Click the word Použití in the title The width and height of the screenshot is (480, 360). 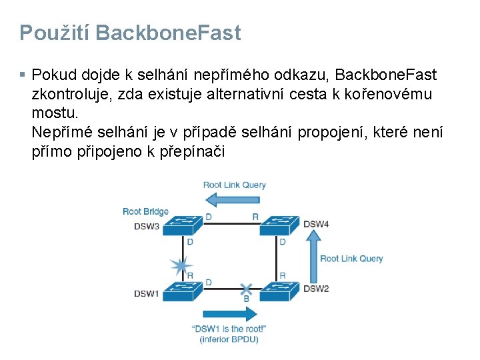(52, 33)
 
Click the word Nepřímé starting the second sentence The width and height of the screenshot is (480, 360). (63, 133)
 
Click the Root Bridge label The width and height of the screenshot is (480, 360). (145, 211)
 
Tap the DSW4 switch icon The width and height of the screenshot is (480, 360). (279, 225)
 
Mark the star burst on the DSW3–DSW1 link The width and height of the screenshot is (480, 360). (179, 265)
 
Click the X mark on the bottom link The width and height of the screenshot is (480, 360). (246, 289)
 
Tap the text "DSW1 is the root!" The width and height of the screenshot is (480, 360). (229, 329)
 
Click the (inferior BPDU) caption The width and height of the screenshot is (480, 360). (229, 339)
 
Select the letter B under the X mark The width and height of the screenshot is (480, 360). (246, 299)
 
